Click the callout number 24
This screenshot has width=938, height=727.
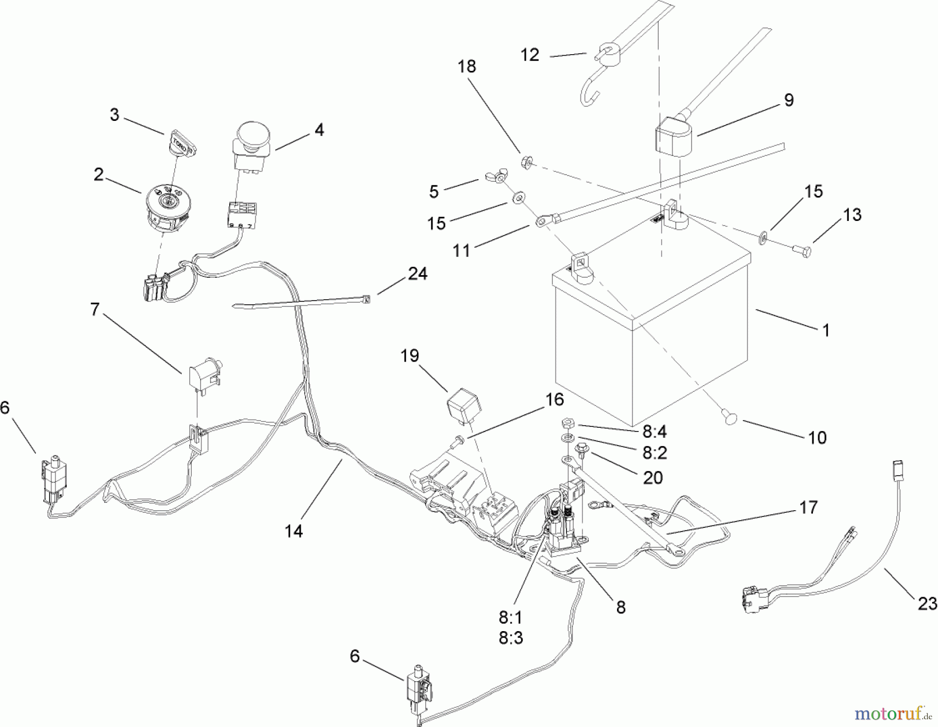point(417,274)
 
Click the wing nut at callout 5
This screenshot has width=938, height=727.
point(496,178)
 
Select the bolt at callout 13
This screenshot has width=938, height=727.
point(803,253)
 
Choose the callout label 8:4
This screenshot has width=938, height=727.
point(655,432)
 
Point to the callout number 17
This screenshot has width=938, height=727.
point(808,507)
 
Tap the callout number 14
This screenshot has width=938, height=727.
point(294,531)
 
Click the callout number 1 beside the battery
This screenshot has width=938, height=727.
point(825,330)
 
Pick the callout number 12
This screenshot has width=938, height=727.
point(530,55)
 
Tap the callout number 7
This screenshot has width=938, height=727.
point(94,310)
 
